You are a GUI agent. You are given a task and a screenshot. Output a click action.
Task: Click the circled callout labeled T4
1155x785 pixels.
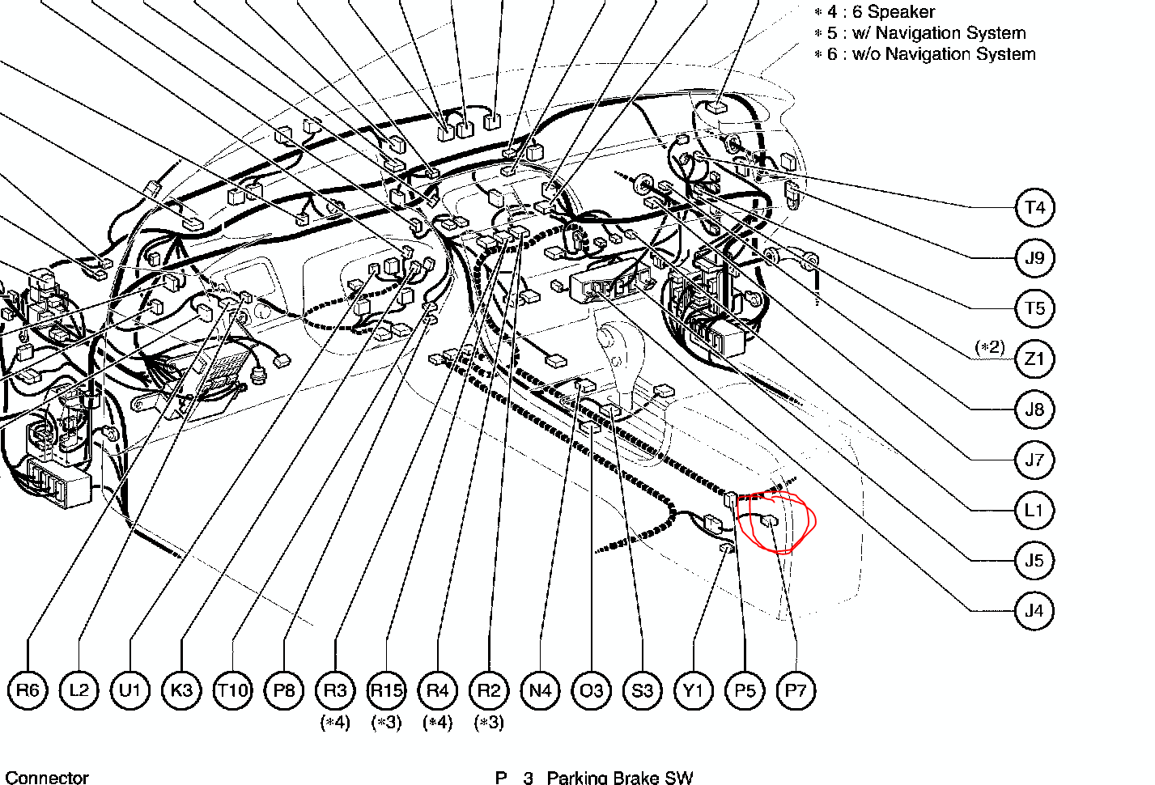click(1035, 208)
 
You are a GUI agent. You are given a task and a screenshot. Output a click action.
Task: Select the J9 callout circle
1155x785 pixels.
click(1035, 257)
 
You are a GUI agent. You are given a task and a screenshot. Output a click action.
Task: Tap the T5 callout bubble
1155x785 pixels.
click(1035, 308)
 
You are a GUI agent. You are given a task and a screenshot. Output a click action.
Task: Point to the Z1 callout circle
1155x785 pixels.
click(1035, 359)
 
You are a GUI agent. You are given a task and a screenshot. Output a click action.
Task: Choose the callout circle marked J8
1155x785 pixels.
click(1035, 409)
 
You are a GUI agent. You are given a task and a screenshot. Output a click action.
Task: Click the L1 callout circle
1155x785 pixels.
click(1035, 511)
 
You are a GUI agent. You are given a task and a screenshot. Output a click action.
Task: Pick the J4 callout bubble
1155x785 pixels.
click(1035, 611)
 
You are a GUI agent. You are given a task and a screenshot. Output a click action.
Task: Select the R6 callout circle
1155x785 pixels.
click(28, 690)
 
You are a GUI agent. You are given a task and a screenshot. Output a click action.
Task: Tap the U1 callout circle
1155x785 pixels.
click(130, 690)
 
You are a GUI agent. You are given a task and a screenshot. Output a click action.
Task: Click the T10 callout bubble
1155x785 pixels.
click(232, 690)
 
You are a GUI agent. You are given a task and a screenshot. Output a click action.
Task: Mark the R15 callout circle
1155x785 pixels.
click(386, 690)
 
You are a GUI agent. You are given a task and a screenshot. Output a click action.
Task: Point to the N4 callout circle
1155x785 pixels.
click(541, 690)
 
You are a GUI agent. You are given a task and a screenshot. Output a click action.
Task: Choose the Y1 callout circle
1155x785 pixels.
click(694, 690)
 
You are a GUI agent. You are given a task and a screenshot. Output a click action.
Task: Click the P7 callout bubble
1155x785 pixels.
click(796, 690)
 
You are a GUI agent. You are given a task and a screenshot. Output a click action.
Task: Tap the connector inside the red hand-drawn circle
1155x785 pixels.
click(769, 521)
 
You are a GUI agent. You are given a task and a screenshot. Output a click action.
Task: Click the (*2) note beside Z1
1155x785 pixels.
click(990, 347)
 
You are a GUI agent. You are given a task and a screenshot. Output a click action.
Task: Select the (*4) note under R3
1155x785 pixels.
click(335, 722)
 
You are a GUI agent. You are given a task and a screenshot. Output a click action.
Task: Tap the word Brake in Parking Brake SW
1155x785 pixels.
click(634, 778)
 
